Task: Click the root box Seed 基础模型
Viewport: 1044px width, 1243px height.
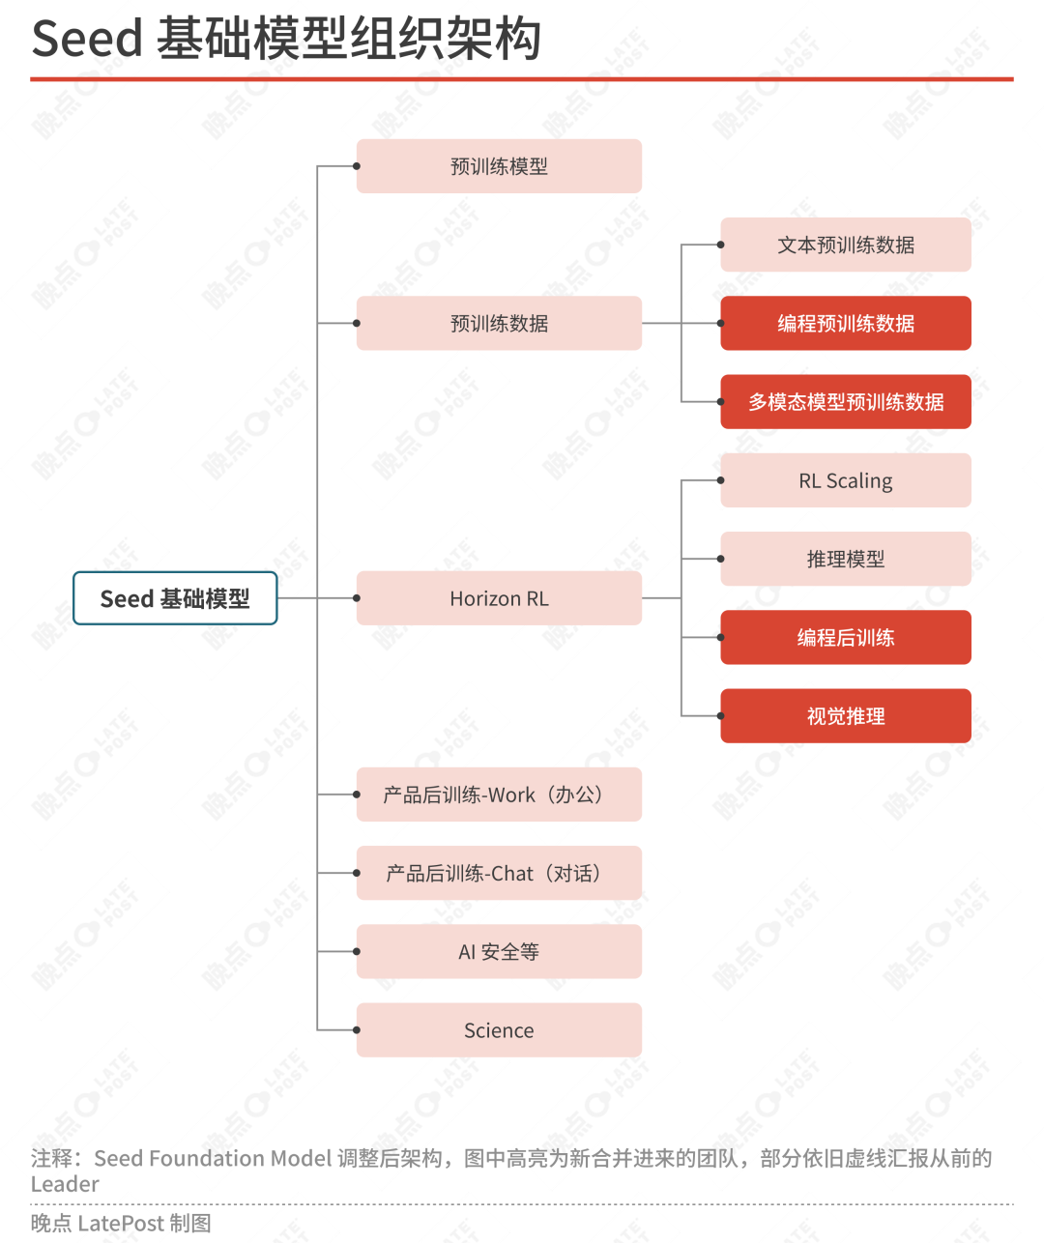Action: coord(175,597)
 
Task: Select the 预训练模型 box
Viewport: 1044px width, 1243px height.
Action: coord(499,166)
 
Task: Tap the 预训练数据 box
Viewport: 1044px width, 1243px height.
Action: coord(499,323)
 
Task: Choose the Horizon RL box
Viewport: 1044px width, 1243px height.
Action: coord(499,597)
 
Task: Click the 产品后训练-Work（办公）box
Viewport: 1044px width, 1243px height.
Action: coord(499,795)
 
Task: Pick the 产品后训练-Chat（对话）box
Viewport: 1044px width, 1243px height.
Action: coord(499,873)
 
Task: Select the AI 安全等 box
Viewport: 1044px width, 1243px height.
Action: coord(499,951)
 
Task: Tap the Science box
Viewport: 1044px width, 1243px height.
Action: coord(499,1030)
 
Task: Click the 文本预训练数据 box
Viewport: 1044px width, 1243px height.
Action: coord(846,245)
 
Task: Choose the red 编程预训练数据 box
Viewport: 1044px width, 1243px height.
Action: coord(846,323)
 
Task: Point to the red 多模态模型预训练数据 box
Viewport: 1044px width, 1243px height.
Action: coord(846,402)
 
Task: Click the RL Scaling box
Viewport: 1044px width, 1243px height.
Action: coord(846,480)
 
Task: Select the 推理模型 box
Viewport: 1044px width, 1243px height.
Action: coord(846,559)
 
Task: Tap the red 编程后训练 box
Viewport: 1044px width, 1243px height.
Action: coord(846,637)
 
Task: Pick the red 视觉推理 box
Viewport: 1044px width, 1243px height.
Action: coord(846,715)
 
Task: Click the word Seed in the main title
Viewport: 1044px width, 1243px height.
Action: coord(87,39)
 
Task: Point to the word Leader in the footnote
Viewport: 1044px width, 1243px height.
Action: coord(65,1184)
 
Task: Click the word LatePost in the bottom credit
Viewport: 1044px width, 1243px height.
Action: coord(121,1224)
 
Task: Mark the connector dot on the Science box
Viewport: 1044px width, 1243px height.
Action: coord(357,1030)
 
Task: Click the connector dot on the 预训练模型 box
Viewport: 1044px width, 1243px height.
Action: coord(357,166)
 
